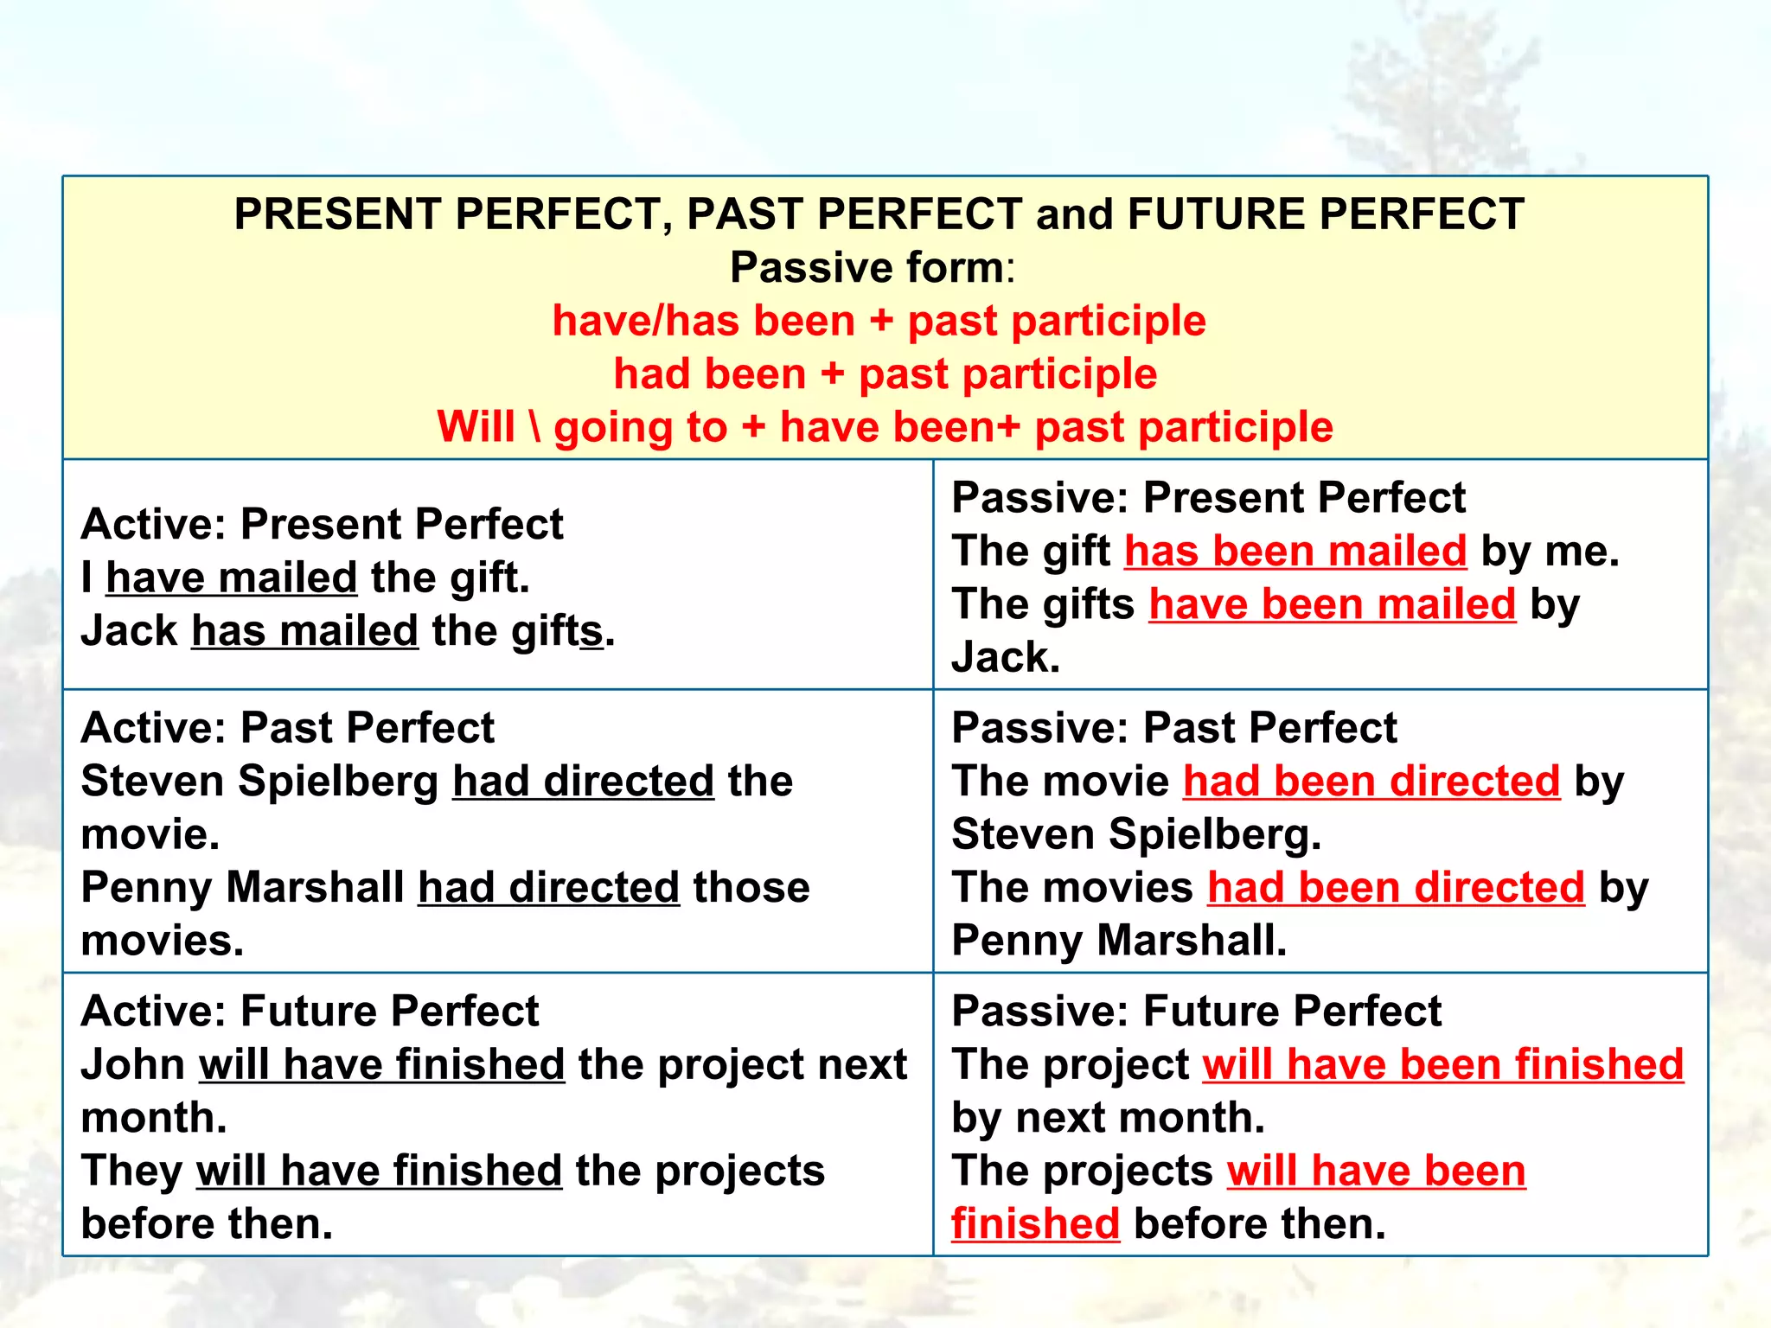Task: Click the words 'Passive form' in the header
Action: point(866,268)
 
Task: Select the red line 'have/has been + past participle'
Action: point(879,321)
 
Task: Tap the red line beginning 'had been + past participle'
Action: point(885,374)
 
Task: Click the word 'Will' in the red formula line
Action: point(476,427)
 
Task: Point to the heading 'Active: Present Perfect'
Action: point(322,524)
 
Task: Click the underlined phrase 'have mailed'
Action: point(231,578)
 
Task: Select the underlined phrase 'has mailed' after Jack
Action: point(304,631)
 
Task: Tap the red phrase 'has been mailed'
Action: point(1295,552)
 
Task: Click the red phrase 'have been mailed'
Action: point(1332,604)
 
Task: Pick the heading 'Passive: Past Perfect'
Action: point(1173,728)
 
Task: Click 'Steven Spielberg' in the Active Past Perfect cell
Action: point(259,782)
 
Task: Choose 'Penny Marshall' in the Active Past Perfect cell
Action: point(242,888)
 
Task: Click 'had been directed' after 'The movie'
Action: point(1371,782)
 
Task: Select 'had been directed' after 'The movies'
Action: point(1395,888)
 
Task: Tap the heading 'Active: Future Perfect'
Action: point(310,1012)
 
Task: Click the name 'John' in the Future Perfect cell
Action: point(132,1065)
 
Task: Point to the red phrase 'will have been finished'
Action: point(1442,1065)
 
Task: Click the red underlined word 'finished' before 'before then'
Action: point(1035,1224)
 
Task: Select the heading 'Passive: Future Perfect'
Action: point(1196,1012)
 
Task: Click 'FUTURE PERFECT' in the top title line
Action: point(1325,214)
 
